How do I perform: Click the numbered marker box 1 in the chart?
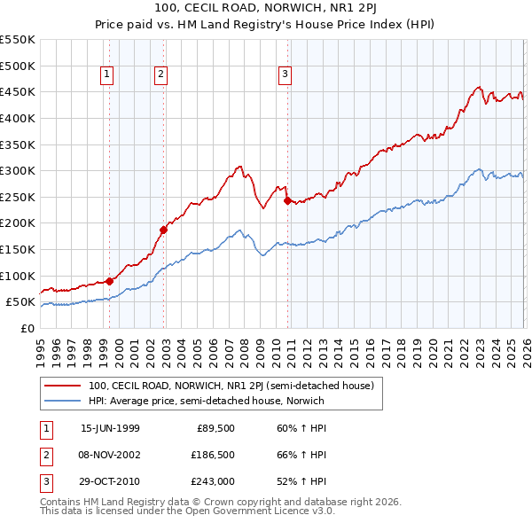click(x=106, y=75)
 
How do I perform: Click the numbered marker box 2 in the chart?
click(x=160, y=75)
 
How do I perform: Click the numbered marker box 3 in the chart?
click(x=286, y=75)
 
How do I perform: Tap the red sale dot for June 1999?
click(x=110, y=281)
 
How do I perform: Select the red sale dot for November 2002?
click(x=164, y=230)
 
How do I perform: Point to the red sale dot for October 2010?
click(x=287, y=200)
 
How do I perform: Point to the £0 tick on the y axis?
click(x=28, y=328)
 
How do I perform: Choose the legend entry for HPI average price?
click(x=207, y=401)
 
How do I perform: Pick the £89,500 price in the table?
click(x=215, y=428)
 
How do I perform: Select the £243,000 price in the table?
click(x=213, y=481)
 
